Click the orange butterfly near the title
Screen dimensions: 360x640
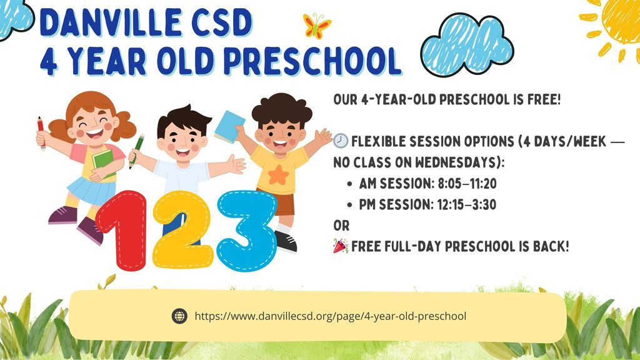click(317, 26)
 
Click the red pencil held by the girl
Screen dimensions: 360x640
click(41, 131)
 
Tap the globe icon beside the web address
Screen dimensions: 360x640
click(179, 316)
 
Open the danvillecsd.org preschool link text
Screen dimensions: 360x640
click(331, 316)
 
